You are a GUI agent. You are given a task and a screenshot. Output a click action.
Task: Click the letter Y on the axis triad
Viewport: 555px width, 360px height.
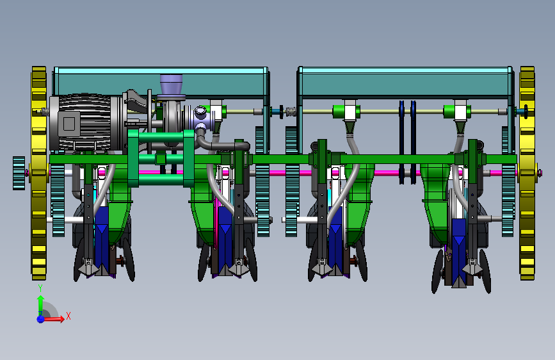(x=40, y=288)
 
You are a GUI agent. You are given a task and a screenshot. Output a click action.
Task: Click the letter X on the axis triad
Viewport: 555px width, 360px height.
(x=68, y=316)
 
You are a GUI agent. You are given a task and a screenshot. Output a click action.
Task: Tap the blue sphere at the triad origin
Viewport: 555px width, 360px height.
(x=41, y=319)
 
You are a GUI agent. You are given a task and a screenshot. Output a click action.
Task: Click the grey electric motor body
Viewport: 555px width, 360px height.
(x=85, y=122)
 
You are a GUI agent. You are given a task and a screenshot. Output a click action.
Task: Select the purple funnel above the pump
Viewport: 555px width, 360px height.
(x=172, y=85)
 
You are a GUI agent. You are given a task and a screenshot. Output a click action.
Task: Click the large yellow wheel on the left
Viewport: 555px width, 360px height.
(x=39, y=173)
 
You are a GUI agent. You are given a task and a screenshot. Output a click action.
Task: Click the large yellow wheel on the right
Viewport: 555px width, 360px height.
(x=527, y=173)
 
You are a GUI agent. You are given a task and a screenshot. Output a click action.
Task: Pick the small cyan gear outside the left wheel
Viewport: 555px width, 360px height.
(x=19, y=173)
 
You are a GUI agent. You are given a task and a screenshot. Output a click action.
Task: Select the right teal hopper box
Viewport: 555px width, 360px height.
(x=406, y=82)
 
